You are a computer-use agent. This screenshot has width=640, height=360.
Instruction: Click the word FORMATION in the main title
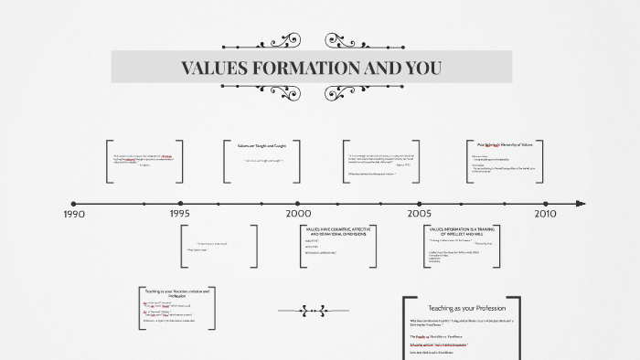tap(311, 69)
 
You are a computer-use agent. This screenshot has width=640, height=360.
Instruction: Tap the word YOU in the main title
tap(421, 69)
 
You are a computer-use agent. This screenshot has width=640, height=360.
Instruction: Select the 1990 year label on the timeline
tap(74, 214)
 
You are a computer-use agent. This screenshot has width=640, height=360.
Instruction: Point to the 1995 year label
tap(179, 214)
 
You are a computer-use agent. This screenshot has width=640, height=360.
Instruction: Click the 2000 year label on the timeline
tap(298, 214)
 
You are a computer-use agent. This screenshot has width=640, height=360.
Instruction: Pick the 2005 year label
tap(420, 214)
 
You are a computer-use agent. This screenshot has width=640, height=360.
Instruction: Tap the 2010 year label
tap(545, 214)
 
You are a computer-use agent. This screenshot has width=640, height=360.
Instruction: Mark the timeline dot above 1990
tap(74, 204)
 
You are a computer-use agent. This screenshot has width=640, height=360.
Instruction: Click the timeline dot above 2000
tap(297, 204)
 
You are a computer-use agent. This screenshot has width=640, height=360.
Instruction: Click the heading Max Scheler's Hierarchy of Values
tap(510, 144)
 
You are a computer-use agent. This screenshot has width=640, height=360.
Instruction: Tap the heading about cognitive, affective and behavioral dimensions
tap(337, 232)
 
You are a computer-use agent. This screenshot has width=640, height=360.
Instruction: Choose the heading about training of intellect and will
tap(461, 232)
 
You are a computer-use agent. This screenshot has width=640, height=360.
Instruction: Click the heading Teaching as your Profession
tap(461, 308)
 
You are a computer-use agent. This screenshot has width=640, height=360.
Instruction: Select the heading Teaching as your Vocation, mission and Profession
tap(177, 292)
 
